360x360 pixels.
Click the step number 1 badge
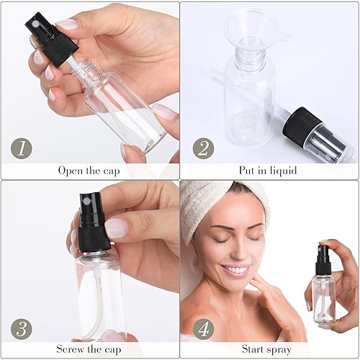coord(21,148)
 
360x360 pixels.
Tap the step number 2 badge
coord(204,148)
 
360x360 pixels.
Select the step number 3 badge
coord(21,330)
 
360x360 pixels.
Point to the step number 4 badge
coord(204,330)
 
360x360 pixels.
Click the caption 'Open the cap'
coord(89,171)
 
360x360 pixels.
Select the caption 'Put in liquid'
coord(268,171)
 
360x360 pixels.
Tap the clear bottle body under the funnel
coord(248,97)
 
